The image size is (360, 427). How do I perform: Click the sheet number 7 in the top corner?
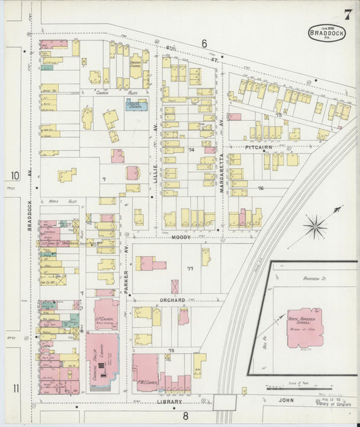[346, 14]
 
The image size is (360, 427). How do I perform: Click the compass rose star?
[314, 226]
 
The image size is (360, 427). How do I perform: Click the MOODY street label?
[180, 237]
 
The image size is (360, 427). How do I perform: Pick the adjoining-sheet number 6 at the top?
[203, 43]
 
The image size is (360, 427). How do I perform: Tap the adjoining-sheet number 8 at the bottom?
[184, 416]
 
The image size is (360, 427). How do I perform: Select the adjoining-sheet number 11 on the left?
[15, 388]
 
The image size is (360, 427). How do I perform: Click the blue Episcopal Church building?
[136, 105]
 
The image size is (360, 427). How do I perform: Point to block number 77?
[190, 268]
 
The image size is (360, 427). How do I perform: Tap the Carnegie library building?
[101, 361]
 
